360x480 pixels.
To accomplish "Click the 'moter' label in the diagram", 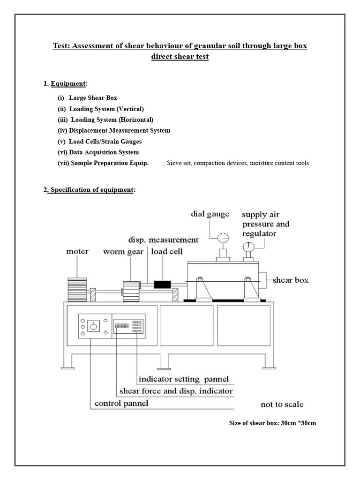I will click(x=78, y=252).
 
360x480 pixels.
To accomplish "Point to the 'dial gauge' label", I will click(x=210, y=214).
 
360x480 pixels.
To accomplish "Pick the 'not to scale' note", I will click(x=282, y=404).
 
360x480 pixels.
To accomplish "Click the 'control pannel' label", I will click(x=121, y=403).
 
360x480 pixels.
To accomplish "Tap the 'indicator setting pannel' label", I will click(x=183, y=378).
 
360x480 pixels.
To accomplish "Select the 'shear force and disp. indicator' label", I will click(x=176, y=390).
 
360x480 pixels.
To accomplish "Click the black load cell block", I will click(x=163, y=285).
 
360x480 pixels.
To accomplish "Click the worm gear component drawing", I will click(x=132, y=292).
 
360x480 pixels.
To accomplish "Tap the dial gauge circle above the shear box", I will click(x=223, y=237).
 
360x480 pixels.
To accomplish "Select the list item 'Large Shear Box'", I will click(x=93, y=98).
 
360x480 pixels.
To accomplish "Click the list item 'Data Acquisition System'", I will click(x=104, y=152).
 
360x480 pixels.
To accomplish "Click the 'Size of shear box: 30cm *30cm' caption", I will click(x=272, y=423).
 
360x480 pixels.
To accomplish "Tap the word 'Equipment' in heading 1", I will click(x=68, y=83).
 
